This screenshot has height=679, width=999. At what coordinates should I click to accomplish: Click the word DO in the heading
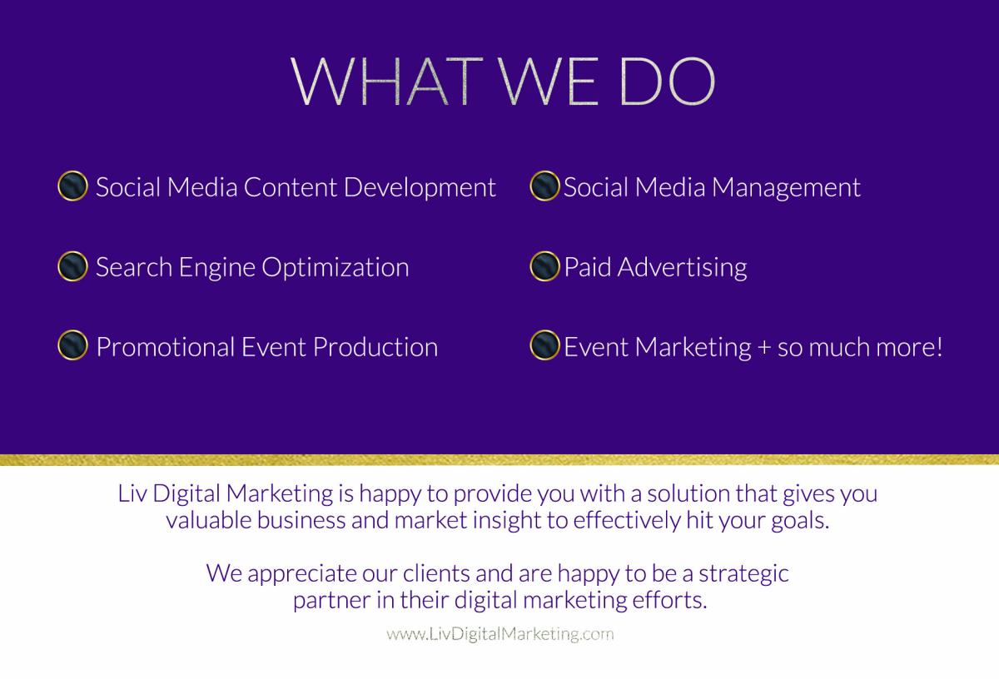(668, 82)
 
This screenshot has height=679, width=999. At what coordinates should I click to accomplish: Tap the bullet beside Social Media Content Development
(72, 186)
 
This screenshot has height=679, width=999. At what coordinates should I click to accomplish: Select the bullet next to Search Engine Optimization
(72, 266)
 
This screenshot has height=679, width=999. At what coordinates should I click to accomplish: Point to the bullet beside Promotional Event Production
(72, 345)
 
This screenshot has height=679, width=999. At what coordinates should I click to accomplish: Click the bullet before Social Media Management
(544, 186)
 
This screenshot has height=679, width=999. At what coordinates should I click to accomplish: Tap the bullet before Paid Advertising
(544, 266)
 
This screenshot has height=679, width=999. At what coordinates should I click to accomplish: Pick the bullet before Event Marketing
(544, 345)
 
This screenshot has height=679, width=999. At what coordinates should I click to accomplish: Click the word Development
(420, 188)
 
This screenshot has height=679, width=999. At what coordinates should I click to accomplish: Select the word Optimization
(335, 268)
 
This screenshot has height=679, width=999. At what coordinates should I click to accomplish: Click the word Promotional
(166, 347)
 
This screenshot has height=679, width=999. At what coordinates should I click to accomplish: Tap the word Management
(786, 188)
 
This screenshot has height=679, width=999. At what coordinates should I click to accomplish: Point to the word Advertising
(683, 268)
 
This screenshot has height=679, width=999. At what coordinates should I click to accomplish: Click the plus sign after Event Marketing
(764, 348)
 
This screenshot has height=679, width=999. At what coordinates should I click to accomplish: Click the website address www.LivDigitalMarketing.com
(500, 634)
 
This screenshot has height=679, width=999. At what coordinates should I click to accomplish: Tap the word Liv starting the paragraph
(132, 493)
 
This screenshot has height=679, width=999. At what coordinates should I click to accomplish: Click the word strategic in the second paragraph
(743, 574)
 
